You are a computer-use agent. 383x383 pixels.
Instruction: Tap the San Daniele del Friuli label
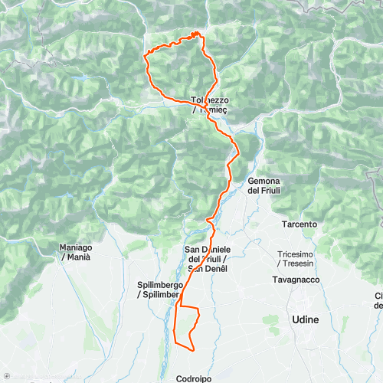206,258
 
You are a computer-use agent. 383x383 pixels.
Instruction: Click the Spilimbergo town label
160,285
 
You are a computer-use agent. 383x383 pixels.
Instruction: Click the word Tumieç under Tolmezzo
216,110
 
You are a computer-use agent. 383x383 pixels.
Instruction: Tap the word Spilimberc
162,294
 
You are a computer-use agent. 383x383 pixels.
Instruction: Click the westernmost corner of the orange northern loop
146,54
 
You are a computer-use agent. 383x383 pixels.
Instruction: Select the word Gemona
261,181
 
